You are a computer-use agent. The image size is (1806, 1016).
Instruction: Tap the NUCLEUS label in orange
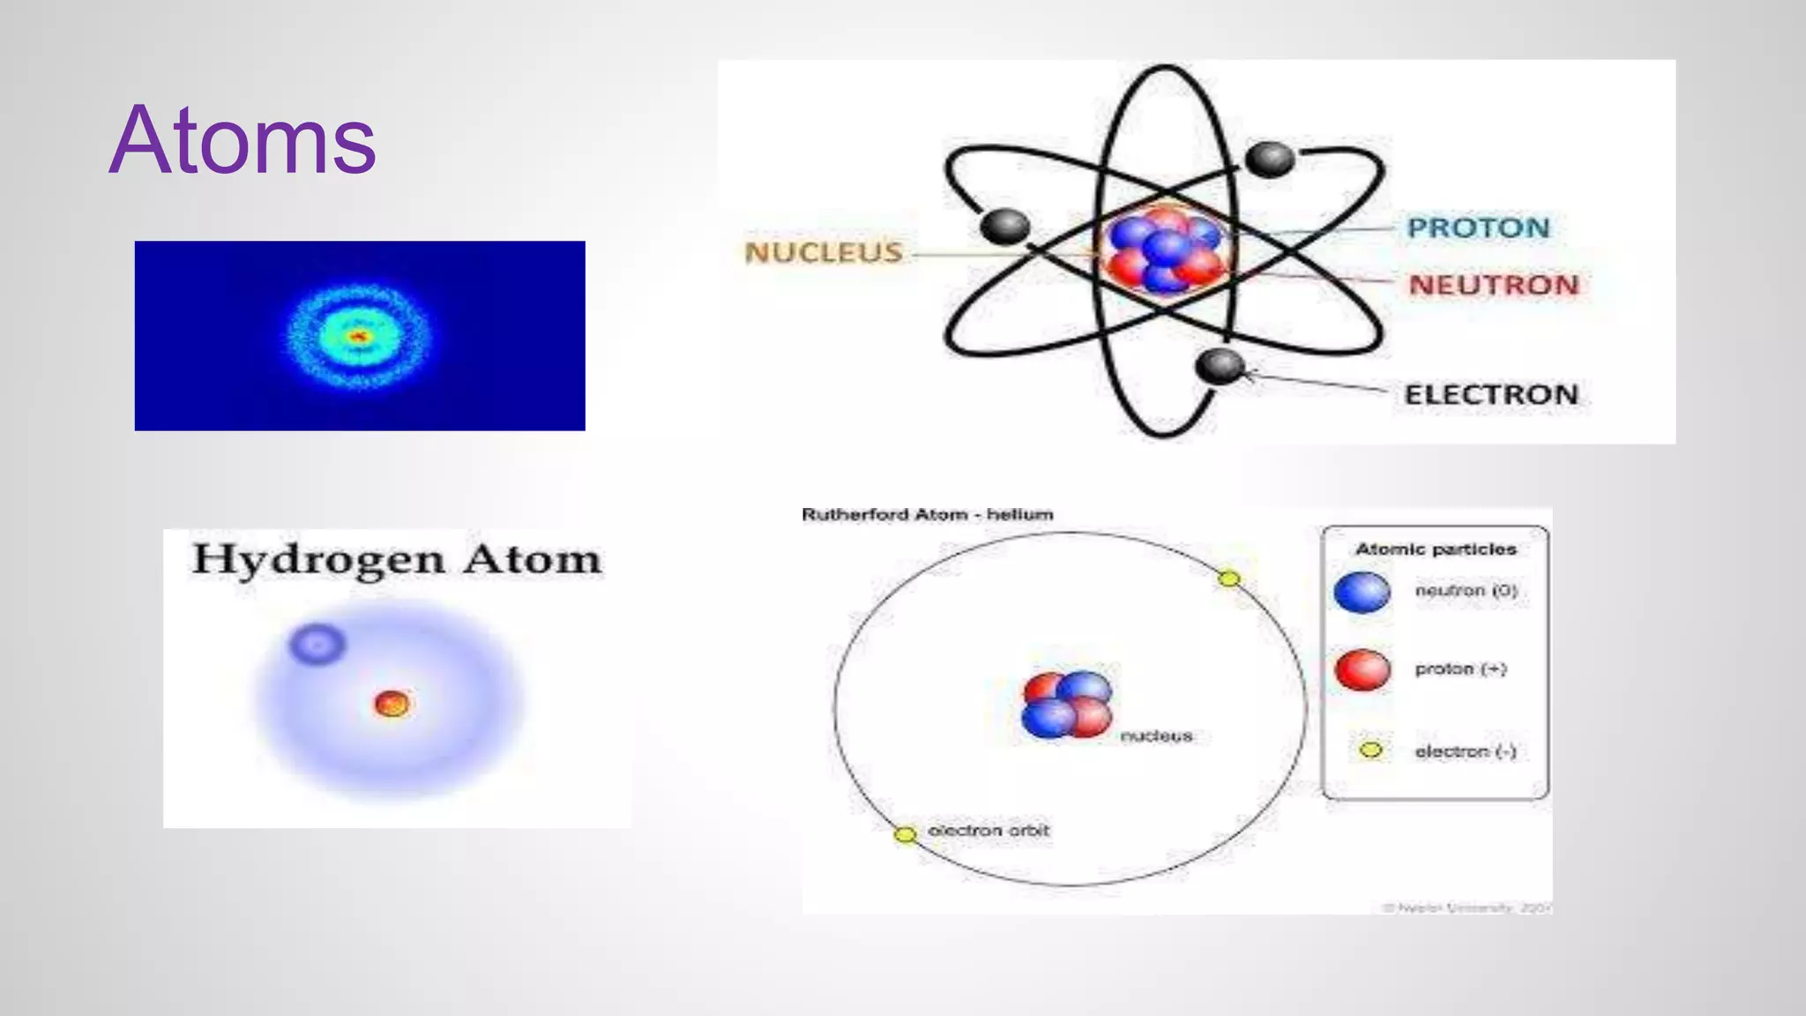824,253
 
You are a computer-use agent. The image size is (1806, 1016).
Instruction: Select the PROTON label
1478,228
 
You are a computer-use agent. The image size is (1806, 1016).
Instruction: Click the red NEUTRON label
1493,285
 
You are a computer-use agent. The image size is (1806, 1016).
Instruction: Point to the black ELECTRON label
1490,394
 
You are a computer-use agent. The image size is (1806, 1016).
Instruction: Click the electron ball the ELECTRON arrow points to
1220,365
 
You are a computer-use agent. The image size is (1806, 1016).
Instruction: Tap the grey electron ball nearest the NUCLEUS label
1004,226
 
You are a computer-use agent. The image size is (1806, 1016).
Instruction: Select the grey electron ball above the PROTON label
1270,160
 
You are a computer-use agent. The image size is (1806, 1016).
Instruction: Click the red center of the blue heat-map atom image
358,336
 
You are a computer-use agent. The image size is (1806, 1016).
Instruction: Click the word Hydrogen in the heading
318,560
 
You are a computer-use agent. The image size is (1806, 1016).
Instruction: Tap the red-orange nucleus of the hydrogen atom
392,704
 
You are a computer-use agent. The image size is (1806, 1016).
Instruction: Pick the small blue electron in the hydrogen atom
317,644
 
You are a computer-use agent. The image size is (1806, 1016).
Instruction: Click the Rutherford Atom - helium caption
927,514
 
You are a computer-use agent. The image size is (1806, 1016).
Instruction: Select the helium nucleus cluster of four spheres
1067,705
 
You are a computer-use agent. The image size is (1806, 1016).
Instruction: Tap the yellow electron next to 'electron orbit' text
905,834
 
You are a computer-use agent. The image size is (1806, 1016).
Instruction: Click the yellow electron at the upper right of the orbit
1228,579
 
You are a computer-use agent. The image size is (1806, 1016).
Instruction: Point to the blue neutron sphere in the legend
1362,592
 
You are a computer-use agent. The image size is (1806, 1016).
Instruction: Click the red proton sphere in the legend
1362,670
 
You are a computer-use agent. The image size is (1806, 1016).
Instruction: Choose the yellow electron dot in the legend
1370,751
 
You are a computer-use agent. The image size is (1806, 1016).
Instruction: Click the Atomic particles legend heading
1436,549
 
